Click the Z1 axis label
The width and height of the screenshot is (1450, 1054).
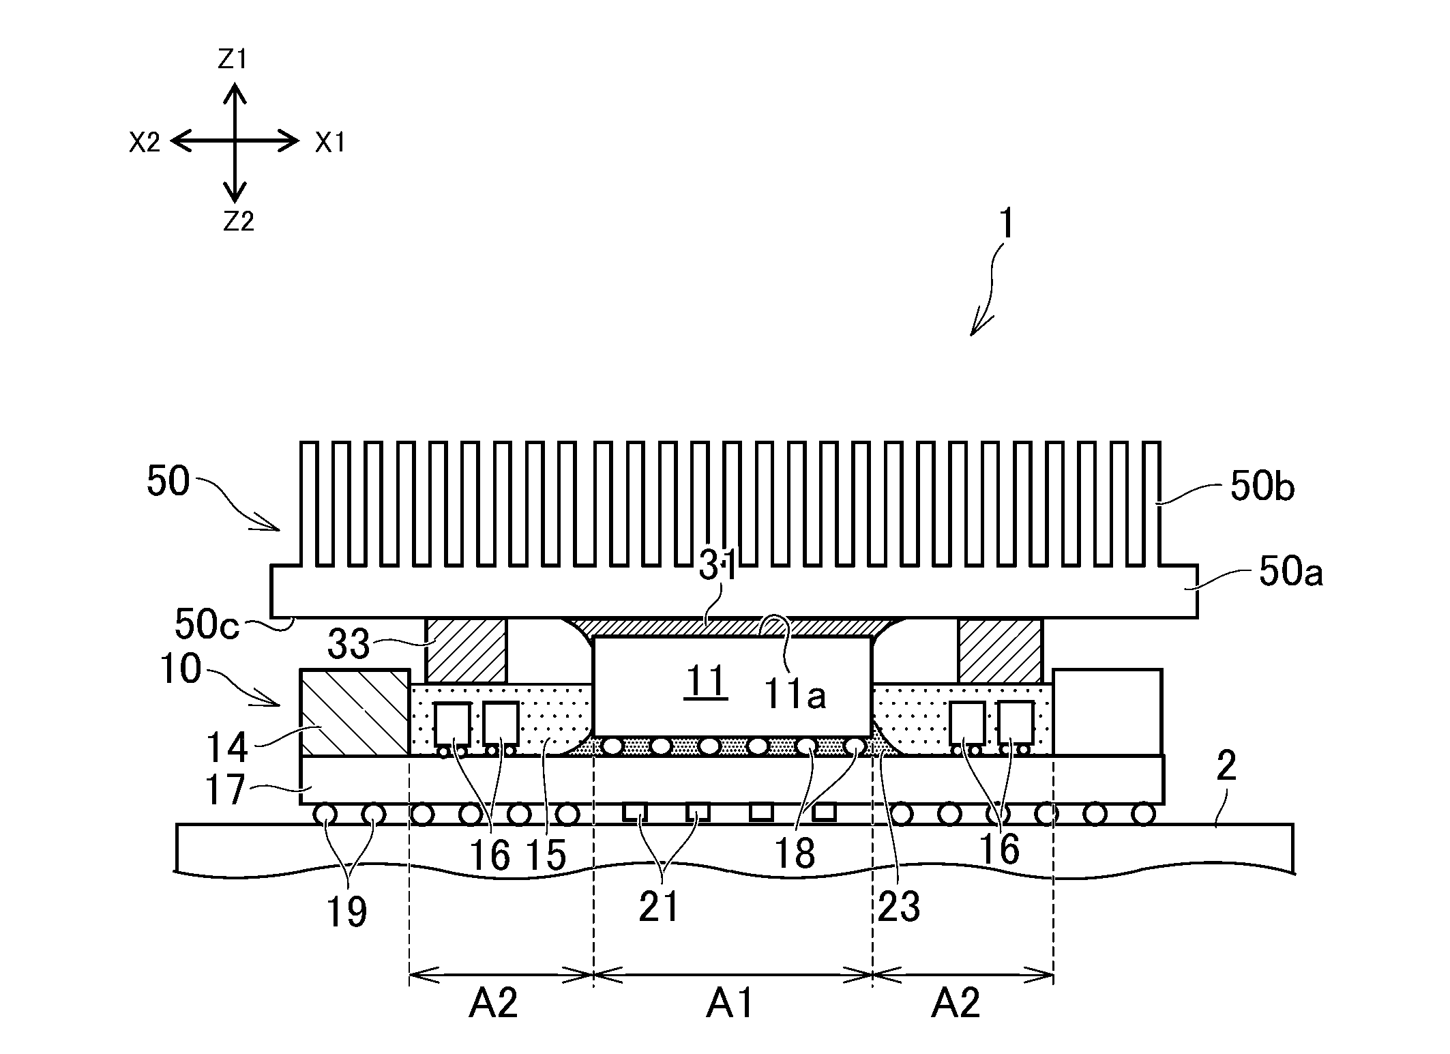pyautogui.click(x=232, y=61)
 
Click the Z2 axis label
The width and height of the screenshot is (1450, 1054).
pyautogui.click(x=239, y=221)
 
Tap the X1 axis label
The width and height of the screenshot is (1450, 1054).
pyautogui.click(x=330, y=143)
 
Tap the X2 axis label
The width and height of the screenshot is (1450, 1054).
pyautogui.click(x=145, y=143)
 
